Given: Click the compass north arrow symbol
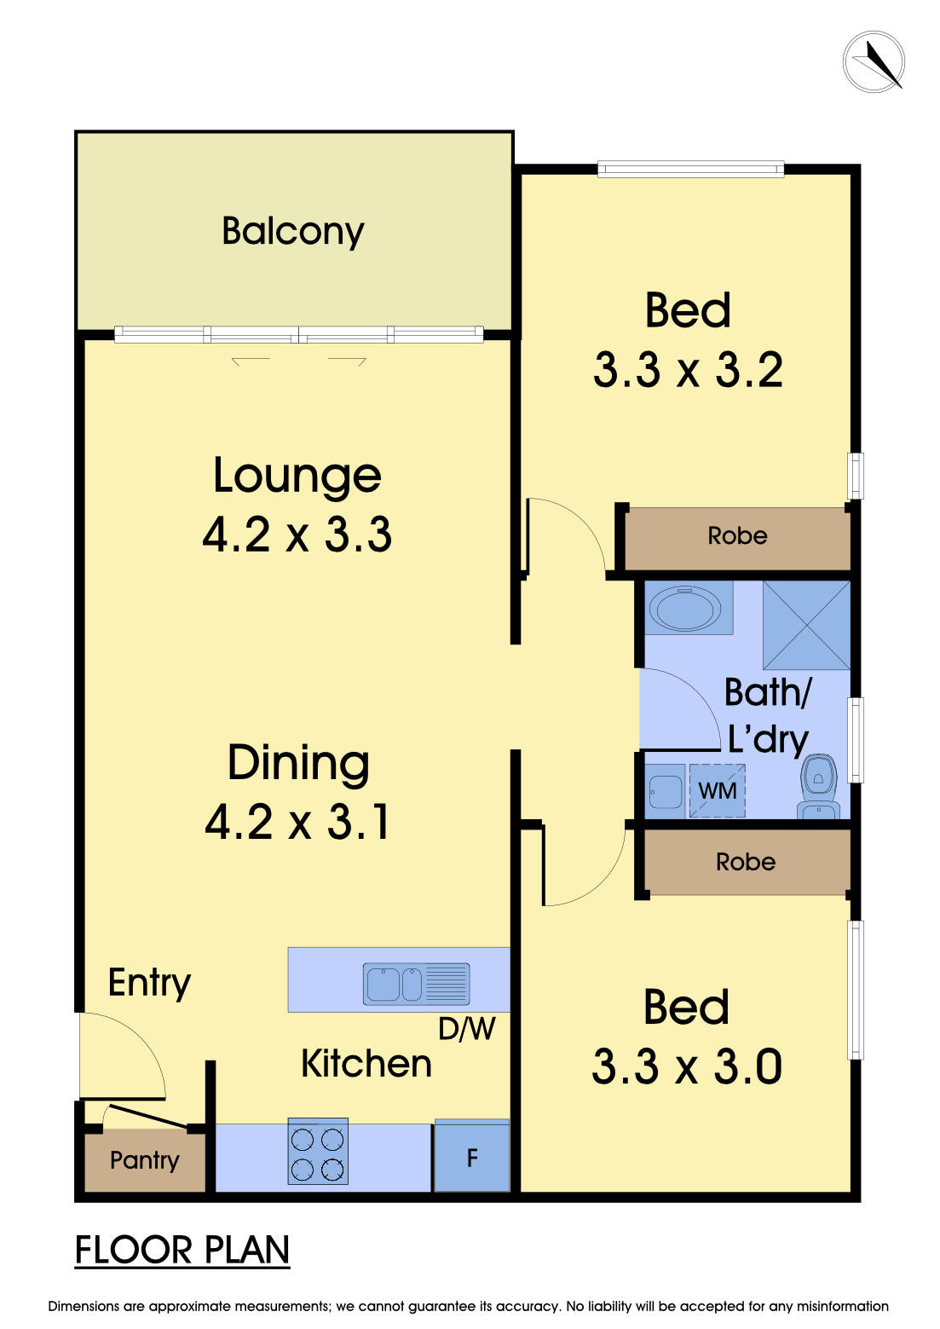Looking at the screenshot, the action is click(x=874, y=62).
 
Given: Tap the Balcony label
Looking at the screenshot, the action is click(x=293, y=231).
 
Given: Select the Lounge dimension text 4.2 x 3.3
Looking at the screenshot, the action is click(x=297, y=534).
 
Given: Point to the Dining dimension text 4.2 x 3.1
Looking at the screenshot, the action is click(x=297, y=822).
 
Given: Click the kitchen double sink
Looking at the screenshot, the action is click(x=417, y=984).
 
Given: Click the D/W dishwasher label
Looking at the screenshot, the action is click(x=467, y=1029).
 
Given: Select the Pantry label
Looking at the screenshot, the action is click(x=145, y=1160).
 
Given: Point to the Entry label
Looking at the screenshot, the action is click(x=149, y=983).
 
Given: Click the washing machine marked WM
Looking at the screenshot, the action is click(x=717, y=790).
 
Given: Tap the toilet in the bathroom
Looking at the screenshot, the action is click(x=818, y=785).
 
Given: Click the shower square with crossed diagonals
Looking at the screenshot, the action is click(x=806, y=626).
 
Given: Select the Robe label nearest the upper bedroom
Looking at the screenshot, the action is click(x=738, y=535).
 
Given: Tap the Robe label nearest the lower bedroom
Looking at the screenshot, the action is click(x=746, y=862).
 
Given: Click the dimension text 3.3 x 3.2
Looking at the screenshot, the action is click(x=688, y=370).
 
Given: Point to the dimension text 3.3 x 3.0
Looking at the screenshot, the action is click(x=687, y=1066).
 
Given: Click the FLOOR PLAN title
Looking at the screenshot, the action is click(x=182, y=1250).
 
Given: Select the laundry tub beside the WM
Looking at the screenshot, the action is click(x=666, y=791).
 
